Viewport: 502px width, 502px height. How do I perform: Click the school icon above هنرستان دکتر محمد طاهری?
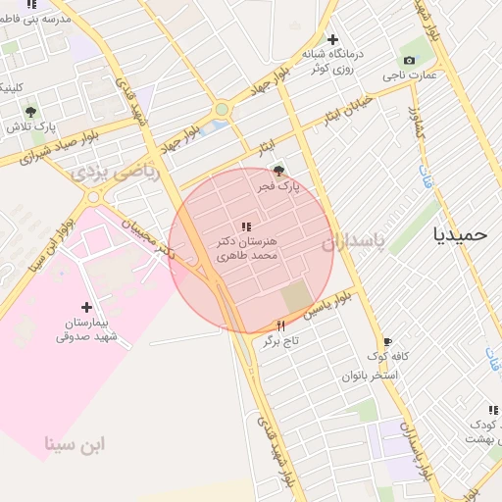pos(245,226)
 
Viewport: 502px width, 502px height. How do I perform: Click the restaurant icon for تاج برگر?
pos(281,326)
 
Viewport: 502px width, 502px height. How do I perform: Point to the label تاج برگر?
pos(280,341)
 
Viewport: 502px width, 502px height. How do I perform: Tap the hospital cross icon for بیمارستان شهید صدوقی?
pos(86,307)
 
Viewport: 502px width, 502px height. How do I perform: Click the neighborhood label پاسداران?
pos(381,240)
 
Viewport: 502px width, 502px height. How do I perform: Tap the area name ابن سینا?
pos(75,445)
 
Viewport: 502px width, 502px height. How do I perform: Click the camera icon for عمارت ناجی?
pos(409,60)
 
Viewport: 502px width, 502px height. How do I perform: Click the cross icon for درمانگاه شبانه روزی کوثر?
pos(332,39)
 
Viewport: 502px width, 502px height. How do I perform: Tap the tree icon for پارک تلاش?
pos(30,111)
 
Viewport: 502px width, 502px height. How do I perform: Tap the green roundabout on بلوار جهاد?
pos(222,109)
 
